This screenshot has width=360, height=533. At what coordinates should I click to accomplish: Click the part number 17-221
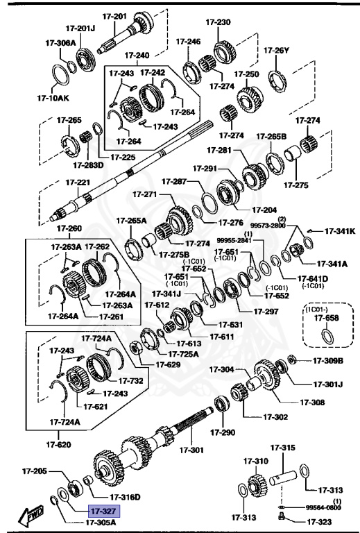tap(78, 183)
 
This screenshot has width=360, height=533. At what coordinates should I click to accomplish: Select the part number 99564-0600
tap(323, 508)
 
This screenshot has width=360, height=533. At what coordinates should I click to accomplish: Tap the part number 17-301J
tap(328, 383)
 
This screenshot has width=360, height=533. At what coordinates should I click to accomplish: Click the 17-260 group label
tap(69, 228)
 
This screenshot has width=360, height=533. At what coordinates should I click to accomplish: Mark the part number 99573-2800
tap(268, 226)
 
